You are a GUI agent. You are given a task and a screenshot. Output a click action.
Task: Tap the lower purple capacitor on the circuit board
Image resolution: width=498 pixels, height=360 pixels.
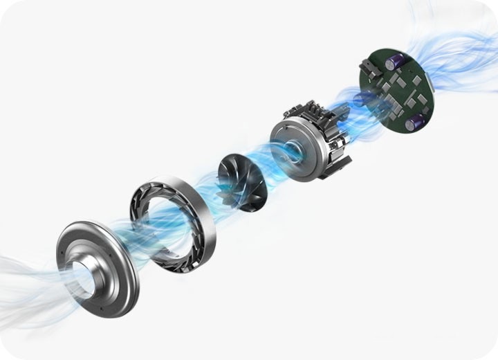[x=415, y=124]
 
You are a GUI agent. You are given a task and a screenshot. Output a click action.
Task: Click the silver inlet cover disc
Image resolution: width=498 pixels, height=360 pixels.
[x=97, y=267]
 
